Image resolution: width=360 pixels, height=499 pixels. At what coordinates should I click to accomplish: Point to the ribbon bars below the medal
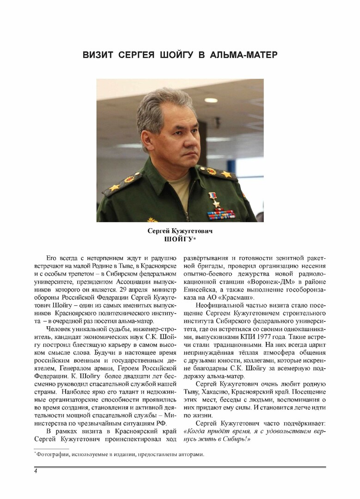[221, 214]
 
